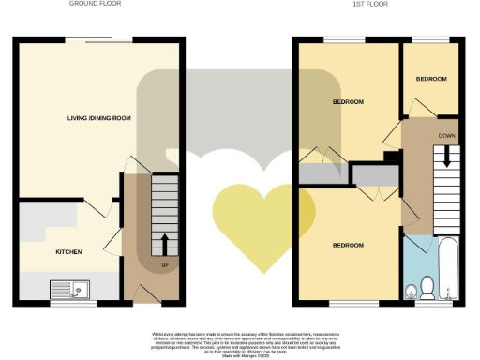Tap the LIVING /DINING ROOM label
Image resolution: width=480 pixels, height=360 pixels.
tap(98, 118)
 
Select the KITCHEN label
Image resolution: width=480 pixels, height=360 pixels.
tap(43, 251)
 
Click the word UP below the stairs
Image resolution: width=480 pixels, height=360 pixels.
tap(166, 265)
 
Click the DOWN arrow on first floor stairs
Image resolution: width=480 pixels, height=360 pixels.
tap(446, 157)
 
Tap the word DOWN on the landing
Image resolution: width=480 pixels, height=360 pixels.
tap(446, 135)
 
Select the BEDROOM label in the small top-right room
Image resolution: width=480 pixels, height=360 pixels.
tap(431, 79)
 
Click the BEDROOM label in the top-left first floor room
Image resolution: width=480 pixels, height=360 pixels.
tap(348, 101)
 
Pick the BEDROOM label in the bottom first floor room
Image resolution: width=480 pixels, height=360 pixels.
tap(348, 245)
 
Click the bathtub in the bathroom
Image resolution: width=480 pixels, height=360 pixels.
tap(447, 269)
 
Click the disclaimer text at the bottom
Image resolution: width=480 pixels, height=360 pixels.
tap(240, 343)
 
